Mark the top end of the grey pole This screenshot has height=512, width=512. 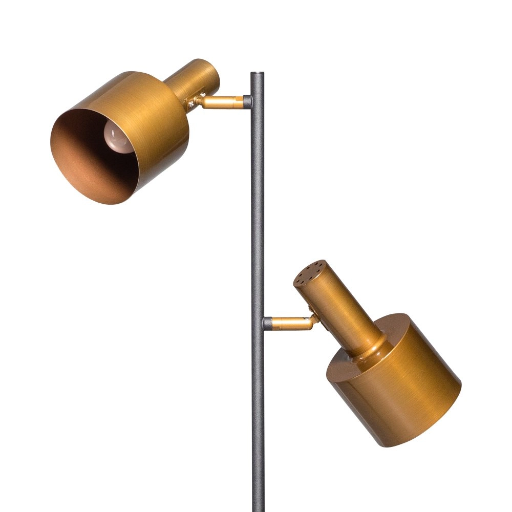[257, 75]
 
